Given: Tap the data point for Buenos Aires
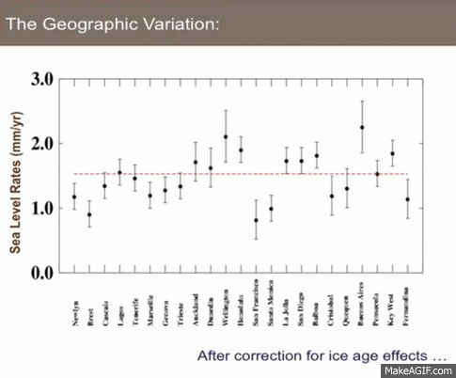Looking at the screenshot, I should coord(362,127).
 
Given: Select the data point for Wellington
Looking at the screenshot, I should coord(226,137).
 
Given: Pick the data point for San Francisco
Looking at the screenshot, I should coord(256,221).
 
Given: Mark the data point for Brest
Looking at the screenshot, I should coord(89,214).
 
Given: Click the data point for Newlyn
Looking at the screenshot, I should coord(74,197).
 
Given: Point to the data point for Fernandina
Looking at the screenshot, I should coord(407,199).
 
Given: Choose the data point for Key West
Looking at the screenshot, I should coord(392,154).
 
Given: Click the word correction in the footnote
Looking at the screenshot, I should coord(274,356).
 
